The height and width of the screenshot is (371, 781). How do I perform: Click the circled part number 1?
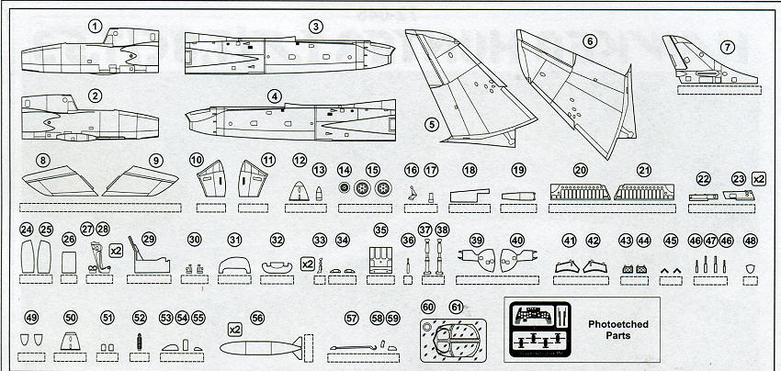[95, 27]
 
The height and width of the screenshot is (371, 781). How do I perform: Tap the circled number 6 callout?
[590, 40]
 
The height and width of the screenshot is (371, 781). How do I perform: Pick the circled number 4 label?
[275, 96]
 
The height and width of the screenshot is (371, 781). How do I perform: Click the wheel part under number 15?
[372, 190]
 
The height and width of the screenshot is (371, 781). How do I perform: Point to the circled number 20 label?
[580, 171]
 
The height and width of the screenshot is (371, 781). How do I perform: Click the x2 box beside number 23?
[759, 179]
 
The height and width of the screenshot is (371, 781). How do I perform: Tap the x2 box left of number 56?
[234, 328]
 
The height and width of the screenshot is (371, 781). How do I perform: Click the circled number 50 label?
[71, 318]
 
